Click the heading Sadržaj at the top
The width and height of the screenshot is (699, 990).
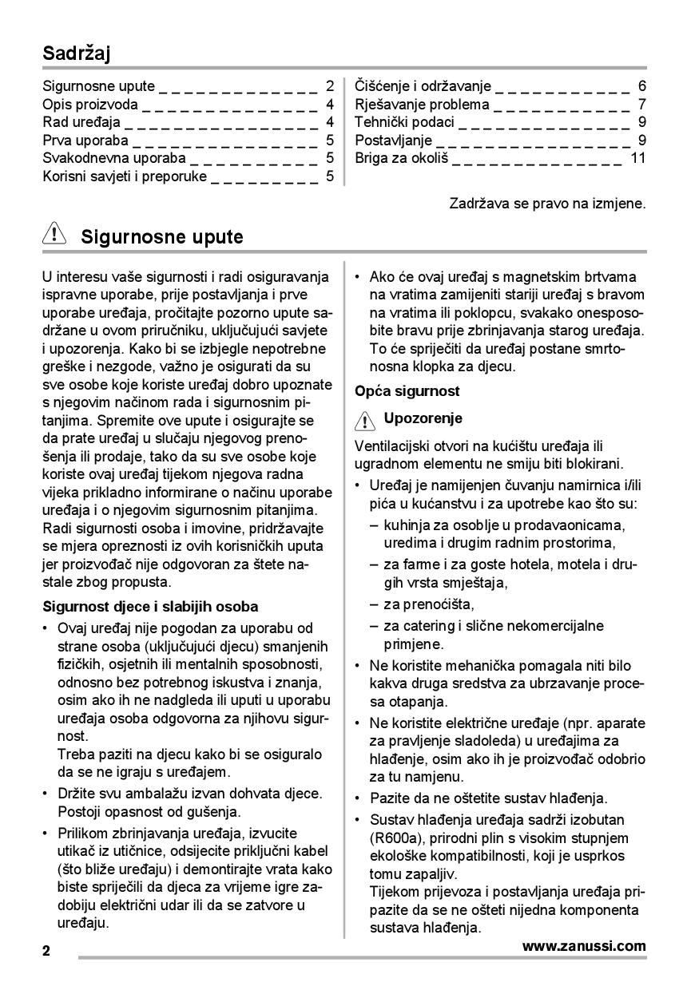pos(77,53)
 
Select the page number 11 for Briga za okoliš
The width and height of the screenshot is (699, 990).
pos(637,158)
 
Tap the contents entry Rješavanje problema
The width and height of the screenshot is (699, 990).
pos(422,105)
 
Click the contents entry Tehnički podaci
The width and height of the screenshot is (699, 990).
pos(404,122)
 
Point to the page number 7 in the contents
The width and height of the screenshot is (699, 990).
pos(642,105)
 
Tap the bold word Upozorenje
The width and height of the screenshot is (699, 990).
pos(423,418)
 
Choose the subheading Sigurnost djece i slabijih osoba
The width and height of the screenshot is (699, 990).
pos(150,607)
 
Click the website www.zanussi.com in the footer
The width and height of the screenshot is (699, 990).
pos(584,946)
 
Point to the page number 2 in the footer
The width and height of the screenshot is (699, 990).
pos(47,951)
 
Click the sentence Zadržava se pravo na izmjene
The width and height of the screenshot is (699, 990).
pos(547,204)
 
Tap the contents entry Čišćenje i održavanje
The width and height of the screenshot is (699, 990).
pos(423,86)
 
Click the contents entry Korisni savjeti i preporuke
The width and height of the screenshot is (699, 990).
pos(125,176)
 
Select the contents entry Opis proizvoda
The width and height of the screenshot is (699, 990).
pos(90,105)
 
